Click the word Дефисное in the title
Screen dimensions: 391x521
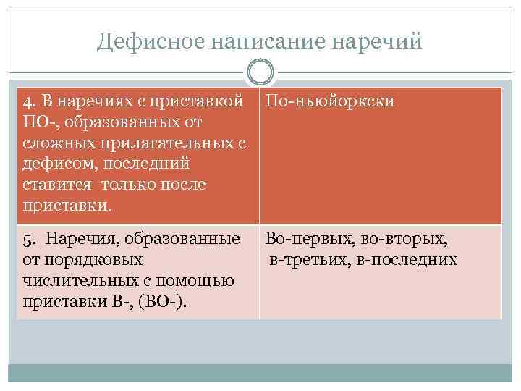click(x=151, y=41)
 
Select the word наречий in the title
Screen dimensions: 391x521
click(x=376, y=41)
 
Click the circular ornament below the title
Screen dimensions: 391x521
click(x=260, y=72)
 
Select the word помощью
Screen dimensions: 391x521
click(x=196, y=279)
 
